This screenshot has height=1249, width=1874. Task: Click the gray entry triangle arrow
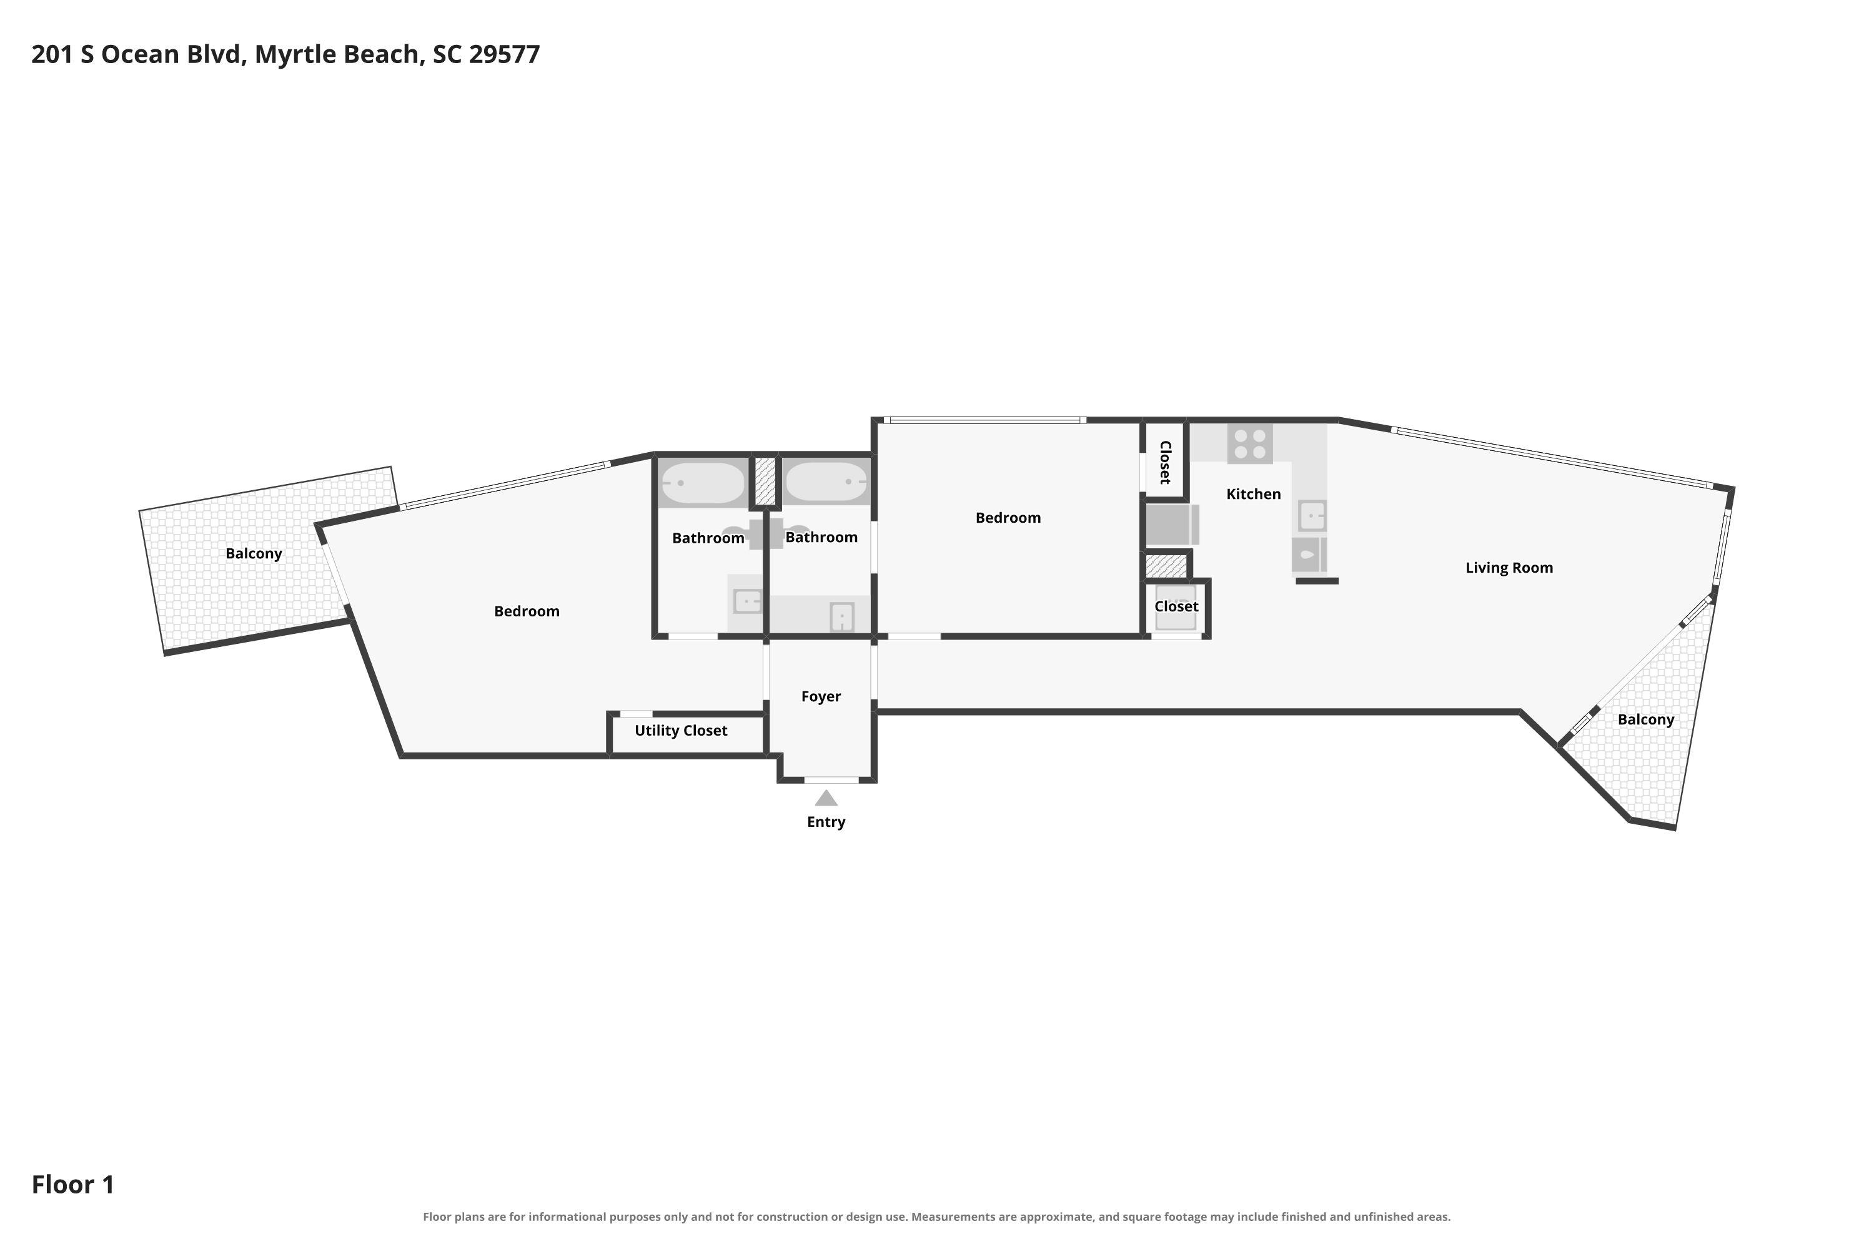tap(826, 798)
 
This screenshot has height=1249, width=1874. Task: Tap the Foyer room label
tap(821, 696)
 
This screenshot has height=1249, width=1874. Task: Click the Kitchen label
tap(1253, 494)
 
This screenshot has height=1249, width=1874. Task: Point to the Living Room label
tap(1509, 568)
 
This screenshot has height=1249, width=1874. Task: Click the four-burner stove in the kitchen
tap(1250, 443)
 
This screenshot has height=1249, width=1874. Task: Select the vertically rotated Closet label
tap(1165, 462)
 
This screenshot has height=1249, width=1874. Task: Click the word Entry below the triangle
tap(826, 822)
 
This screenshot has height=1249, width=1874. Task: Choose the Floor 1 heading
tap(73, 1185)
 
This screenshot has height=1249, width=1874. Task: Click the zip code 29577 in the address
tap(504, 54)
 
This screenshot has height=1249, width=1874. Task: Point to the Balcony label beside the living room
tap(1645, 720)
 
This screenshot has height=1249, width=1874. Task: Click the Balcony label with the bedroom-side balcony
tap(254, 553)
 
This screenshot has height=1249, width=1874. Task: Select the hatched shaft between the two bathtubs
tap(765, 480)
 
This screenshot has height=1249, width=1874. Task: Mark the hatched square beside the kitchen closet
tap(1166, 566)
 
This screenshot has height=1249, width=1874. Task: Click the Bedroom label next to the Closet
tap(1008, 518)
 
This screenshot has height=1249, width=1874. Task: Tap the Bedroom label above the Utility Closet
tap(527, 611)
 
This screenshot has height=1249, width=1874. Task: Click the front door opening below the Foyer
tap(831, 780)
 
